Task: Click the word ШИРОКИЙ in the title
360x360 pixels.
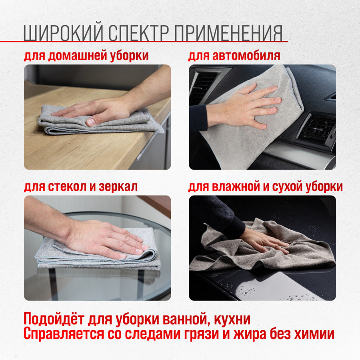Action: [x=63, y=33]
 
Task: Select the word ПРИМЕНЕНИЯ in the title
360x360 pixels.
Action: [x=229, y=33]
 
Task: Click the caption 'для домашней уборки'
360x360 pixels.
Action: [x=86, y=56]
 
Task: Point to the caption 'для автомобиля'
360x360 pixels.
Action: [x=234, y=56]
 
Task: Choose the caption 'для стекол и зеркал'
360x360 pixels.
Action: [x=81, y=187]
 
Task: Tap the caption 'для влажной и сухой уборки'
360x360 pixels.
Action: [x=266, y=187]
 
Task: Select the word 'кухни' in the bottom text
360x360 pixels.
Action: [x=232, y=320]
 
